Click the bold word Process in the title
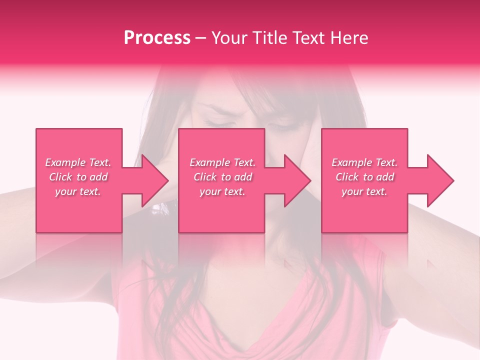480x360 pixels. click(x=157, y=38)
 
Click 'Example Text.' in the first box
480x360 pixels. click(x=78, y=162)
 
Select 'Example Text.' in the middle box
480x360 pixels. click(x=222, y=162)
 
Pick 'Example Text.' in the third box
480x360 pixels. click(x=364, y=162)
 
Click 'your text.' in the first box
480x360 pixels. click(x=78, y=191)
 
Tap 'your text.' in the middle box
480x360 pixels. click(x=222, y=191)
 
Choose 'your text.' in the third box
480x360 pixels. click(x=364, y=191)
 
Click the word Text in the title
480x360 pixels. click(x=310, y=38)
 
